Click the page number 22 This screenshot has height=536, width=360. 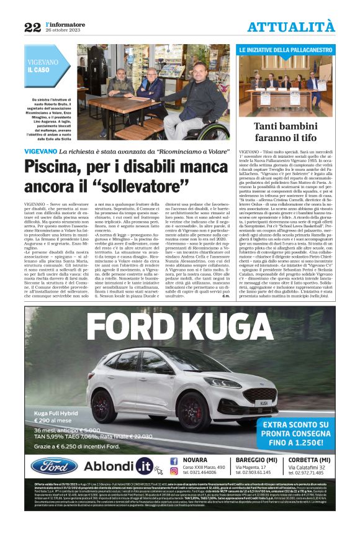point(32,27)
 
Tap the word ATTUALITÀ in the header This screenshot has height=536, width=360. point(290,27)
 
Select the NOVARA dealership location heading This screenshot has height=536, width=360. point(196,460)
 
